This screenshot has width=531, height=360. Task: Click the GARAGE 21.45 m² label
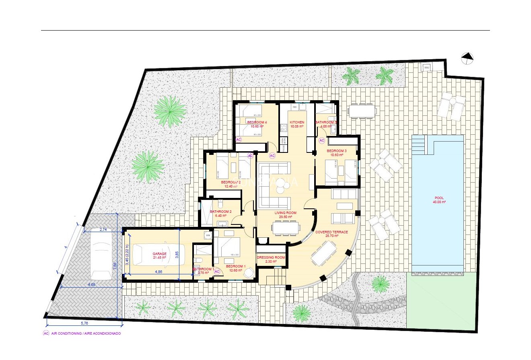159,256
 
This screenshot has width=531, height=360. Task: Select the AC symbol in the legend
46,333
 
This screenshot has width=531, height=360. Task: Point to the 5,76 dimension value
84,323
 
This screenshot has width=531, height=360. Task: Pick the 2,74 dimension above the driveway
103,230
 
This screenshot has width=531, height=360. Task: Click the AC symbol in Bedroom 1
217,272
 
